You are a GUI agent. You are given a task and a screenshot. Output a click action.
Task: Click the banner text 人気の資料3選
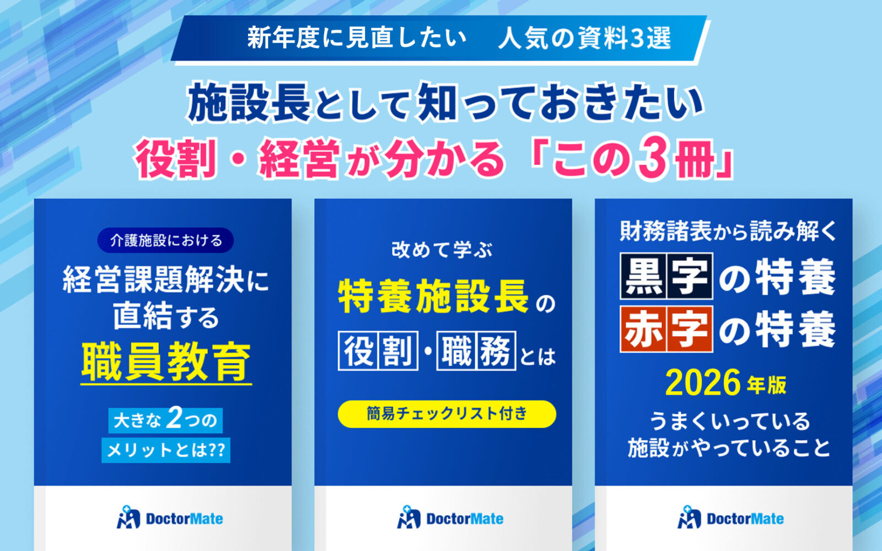(x=584, y=39)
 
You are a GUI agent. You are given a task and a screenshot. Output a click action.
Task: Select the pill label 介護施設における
(x=165, y=241)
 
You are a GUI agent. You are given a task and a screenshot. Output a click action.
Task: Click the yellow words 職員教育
(x=166, y=362)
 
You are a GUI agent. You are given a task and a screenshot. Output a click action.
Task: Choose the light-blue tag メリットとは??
(x=166, y=450)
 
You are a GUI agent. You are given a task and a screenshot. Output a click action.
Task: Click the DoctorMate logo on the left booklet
(x=170, y=518)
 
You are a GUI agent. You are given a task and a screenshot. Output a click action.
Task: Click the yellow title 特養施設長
(x=434, y=296)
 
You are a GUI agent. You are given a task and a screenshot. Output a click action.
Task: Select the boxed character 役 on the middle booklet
(x=358, y=351)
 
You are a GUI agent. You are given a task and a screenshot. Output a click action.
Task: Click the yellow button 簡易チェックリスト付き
(x=447, y=414)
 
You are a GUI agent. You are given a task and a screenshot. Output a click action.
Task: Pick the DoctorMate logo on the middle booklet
(x=450, y=518)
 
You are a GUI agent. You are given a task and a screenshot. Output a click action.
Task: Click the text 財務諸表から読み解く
(x=728, y=231)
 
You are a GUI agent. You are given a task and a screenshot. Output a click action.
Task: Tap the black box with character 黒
(x=643, y=276)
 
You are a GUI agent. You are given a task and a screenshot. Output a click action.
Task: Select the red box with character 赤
(x=643, y=329)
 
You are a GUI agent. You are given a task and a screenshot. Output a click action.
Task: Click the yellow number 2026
(x=703, y=383)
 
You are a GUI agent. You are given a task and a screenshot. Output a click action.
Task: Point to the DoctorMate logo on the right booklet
(x=730, y=518)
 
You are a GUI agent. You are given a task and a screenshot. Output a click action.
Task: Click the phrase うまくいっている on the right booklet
(x=729, y=422)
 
